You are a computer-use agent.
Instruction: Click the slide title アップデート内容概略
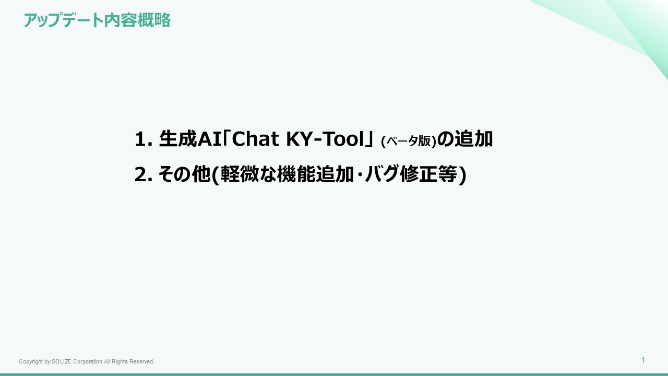(x=97, y=20)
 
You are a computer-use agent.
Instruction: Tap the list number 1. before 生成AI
(x=144, y=139)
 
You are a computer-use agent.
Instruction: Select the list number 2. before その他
(x=144, y=174)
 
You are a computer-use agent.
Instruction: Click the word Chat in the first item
(x=255, y=139)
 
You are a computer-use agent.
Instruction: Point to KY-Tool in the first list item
(x=325, y=139)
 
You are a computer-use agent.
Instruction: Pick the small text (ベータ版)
(x=409, y=141)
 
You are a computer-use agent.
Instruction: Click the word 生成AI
(x=190, y=139)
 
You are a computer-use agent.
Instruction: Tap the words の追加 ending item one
(x=464, y=139)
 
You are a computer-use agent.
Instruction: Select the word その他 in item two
(x=184, y=174)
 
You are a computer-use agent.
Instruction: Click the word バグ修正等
(x=411, y=174)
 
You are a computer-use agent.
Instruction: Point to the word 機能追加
(x=315, y=174)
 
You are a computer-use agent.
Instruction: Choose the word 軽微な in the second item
(x=248, y=174)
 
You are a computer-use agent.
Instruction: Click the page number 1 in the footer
(x=643, y=360)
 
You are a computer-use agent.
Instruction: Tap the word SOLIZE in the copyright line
(x=62, y=362)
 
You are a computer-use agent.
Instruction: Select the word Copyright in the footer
(x=31, y=362)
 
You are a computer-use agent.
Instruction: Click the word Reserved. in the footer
(x=142, y=362)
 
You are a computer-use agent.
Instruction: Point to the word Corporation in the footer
(x=88, y=362)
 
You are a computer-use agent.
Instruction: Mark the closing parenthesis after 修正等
(x=462, y=175)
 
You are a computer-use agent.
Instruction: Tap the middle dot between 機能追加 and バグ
(x=359, y=174)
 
